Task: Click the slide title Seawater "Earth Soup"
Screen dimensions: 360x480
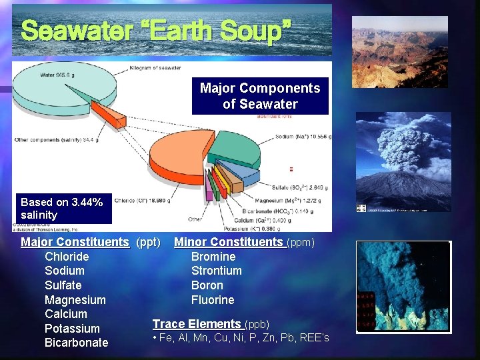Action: [156, 30]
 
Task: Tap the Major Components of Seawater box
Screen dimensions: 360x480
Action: [260, 97]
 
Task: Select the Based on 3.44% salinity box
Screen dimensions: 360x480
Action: [61, 209]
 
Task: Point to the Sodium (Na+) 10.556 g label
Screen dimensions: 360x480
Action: [303, 137]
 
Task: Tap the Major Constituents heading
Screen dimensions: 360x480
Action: [75, 242]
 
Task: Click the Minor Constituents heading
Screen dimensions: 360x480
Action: [229, 242]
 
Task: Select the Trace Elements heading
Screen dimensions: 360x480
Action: [197, 324]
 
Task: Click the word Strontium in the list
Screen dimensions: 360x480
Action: [216, 271]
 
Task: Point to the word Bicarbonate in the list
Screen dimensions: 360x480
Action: [76, 343]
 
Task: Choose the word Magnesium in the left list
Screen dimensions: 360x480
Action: [75, 300]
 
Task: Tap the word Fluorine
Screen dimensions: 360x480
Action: [213, 300]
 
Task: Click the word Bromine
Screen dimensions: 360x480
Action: [213, 257]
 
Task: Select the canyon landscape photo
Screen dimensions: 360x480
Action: [399, 52]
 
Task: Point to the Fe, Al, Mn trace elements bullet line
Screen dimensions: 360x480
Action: [241, 338]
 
